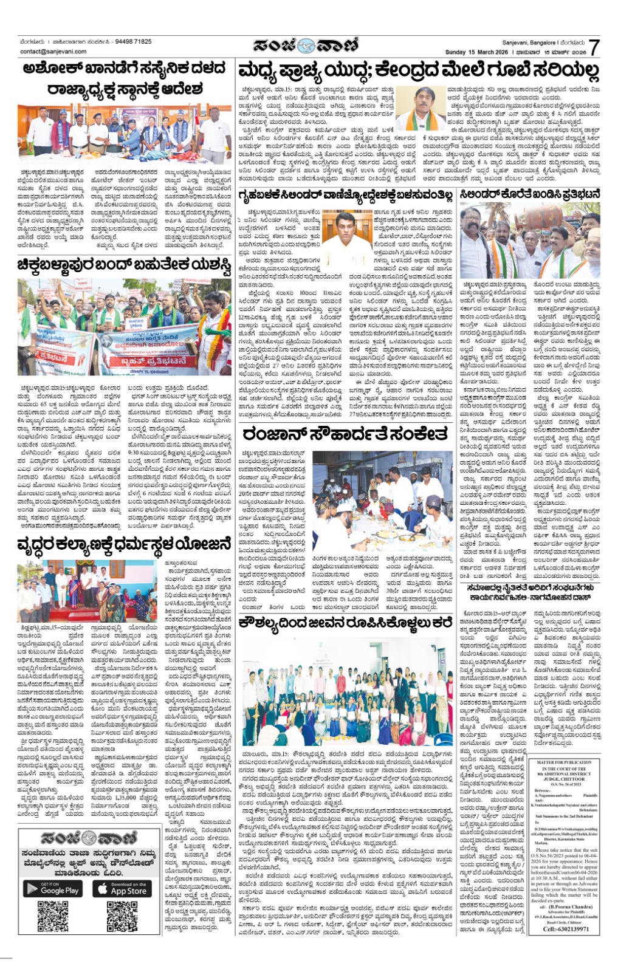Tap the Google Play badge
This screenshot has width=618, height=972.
point(53,889)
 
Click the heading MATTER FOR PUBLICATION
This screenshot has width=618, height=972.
point(565,762)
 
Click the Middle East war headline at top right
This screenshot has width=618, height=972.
point(419,72)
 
